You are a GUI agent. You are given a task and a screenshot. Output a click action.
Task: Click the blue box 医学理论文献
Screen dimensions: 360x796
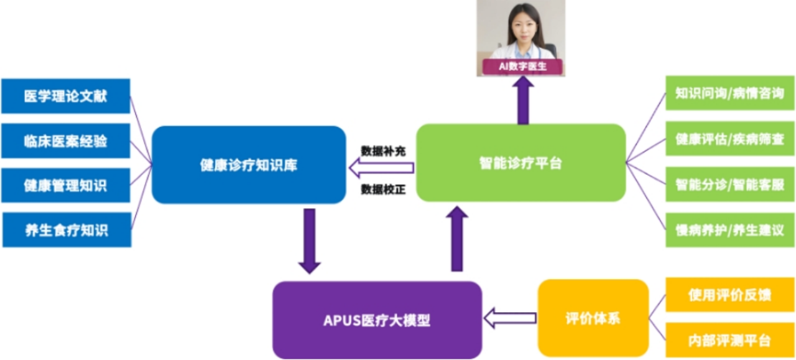[x=66, y=96]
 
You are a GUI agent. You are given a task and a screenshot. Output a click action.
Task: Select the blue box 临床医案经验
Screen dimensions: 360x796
[x=66, y=141]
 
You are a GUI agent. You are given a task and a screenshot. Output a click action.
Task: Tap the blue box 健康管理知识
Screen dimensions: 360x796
[x=66, y=185]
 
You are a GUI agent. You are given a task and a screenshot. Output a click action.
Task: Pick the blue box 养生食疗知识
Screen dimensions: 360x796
[x=67, y=229]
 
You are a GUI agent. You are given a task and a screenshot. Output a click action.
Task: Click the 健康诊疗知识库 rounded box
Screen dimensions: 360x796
[x=249, y=165]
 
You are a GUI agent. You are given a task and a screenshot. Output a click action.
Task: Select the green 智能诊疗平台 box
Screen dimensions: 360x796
[x=521, y=163]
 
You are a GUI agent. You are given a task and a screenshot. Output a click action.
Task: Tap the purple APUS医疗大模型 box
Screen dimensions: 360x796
[x=377, y=320]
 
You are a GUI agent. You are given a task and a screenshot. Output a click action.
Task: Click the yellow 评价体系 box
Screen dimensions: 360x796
[x=593, y=318]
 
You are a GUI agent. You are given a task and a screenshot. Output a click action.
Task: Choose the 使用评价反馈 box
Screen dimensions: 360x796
[x=729, y=295]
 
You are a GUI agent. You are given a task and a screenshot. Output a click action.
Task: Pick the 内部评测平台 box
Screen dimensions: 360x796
[x=729, y=341]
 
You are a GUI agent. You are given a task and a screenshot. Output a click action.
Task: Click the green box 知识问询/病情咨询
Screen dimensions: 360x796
[x=729, y=93]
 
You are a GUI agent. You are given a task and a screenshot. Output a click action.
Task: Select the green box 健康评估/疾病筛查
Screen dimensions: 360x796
[x=729, y=139]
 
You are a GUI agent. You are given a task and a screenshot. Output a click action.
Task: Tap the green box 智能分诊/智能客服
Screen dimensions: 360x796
[x=729, y=185]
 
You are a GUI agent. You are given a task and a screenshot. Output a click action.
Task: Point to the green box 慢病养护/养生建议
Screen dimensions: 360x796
[x=729, y=230]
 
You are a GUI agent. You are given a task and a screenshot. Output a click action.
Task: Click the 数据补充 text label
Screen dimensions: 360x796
[x=383, y=150]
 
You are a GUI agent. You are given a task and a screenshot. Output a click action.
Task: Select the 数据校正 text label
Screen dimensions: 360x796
[x=383, y=189]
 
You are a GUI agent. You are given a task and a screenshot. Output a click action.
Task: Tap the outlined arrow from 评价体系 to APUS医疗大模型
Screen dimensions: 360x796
[x=510, y=318]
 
